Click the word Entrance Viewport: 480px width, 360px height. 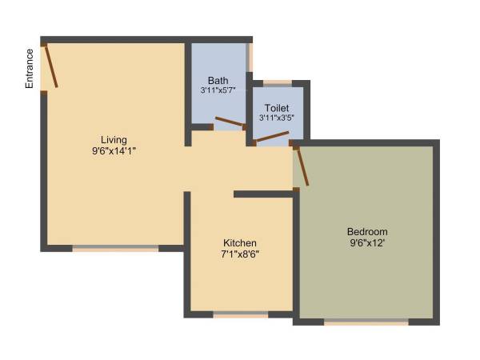(30, 68)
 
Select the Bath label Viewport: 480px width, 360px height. (218, 81)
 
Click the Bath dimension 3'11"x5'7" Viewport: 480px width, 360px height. (218, 91)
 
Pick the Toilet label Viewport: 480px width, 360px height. (277, 107)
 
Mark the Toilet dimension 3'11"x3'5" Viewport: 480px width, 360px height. (277, 118)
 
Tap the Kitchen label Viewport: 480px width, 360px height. (240, 243)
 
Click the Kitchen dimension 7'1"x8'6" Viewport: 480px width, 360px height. (240, 254)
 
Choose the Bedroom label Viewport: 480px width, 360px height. (368, 231)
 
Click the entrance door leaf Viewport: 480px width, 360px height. (50, 66)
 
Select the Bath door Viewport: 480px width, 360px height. (230, 122)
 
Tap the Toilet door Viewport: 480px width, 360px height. (272, 138)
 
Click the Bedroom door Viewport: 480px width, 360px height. (302, 166)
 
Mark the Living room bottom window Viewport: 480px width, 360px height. (116, 249)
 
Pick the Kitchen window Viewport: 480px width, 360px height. (240, 315)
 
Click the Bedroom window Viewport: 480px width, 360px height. (366, 322)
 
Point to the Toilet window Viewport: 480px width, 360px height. (278, 82)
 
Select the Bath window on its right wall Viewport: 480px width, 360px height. (250, 58)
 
